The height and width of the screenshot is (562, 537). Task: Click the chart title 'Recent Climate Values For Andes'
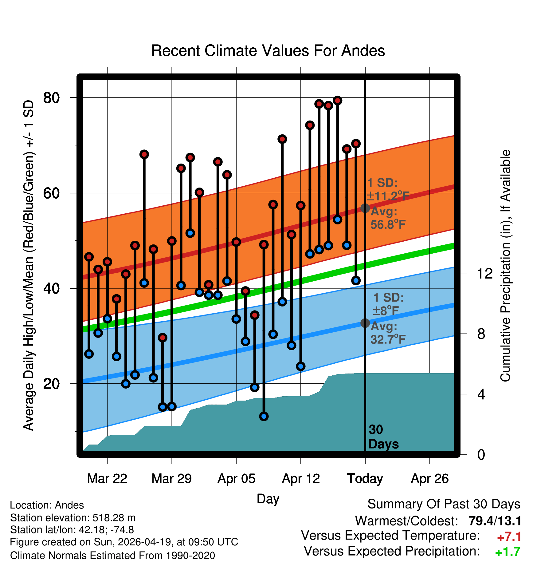(x=268, y=51)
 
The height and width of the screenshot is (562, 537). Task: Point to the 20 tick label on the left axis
(x=51, y=384)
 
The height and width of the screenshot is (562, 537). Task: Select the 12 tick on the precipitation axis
(x=484, y=273)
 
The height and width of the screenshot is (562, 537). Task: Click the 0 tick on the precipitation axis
(x=481, y=454)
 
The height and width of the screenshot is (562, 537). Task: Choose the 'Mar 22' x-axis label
(x=107, y=479)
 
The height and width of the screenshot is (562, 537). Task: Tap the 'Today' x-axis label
(x=365, y=479)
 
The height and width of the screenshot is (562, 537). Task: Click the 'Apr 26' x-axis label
(x=429, y=479)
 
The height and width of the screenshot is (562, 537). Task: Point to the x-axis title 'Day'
(x=268, y=499)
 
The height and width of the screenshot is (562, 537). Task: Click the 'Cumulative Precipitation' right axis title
(x=505, y=266)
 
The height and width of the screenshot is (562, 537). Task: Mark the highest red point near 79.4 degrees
(x=338, y=101)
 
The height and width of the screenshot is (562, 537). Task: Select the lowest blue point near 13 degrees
(x=264, y=417)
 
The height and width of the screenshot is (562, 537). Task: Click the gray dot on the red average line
(x=365, y=208)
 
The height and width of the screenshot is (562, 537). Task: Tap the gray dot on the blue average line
(x=365, y=323)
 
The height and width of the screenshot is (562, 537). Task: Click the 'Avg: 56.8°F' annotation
(x=388, y=218)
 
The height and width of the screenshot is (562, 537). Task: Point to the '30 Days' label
(x=383, y=437)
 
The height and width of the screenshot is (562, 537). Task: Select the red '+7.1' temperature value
(x=509, y=537)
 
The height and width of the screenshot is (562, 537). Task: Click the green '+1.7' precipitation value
(x=508, y=552)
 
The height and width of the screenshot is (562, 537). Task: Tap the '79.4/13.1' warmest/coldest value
(x=495, y=521)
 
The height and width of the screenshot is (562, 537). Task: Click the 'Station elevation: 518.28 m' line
(x=73, y=518)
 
